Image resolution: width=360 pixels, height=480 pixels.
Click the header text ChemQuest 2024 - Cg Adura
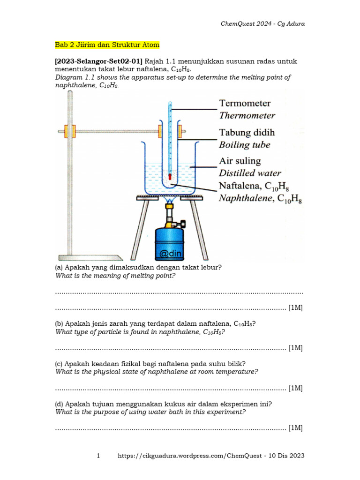point(262,24)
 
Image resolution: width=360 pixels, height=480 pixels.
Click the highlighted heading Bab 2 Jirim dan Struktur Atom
point(107,45)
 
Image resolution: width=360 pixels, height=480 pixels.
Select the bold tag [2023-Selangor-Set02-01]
point(99,61)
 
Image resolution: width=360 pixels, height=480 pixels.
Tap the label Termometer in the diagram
point(245,103)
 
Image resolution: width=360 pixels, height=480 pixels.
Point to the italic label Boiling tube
point(245,145)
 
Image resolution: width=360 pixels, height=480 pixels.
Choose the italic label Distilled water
point(251,173)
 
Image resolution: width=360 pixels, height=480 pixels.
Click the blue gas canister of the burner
point(170,241)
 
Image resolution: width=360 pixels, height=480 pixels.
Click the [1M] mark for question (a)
point(295,308)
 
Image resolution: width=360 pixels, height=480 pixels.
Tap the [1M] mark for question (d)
point(295,428)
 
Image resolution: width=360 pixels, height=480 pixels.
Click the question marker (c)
point(59,364)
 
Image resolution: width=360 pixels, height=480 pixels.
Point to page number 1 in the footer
point(98,456)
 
